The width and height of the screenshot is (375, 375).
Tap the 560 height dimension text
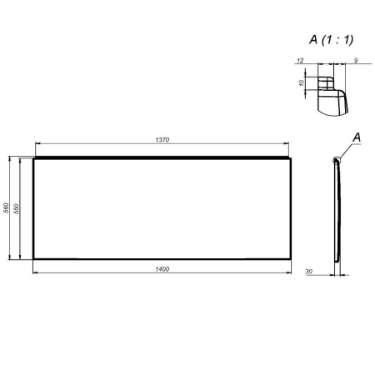coord(7,208)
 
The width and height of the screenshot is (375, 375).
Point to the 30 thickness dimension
coord(308,271)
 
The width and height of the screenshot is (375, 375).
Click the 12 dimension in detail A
coord(299,60)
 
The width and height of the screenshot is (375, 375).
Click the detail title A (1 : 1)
coord(332,37)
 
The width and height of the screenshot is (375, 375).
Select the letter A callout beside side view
coord(357,135)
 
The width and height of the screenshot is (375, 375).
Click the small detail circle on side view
coord(337,159)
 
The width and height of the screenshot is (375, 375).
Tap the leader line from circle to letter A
coord(346,148)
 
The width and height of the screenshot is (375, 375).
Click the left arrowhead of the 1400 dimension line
coord(35,273)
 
